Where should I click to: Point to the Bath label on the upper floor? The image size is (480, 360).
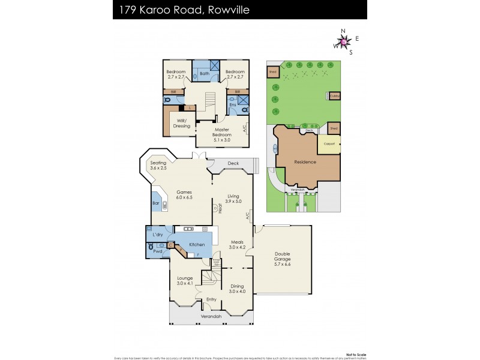tap(204, 73)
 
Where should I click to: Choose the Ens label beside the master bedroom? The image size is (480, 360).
tap(233, 105)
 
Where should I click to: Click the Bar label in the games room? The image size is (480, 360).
tap(156, 203)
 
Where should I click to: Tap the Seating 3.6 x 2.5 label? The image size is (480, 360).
tap(158, 166)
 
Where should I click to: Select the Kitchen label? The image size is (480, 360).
tap(197, 245)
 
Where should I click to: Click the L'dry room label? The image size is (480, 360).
tap(158, 234)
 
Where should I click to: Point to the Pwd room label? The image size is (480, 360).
tap(157, 252)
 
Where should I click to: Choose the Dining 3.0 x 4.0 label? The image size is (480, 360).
tap(238, 289)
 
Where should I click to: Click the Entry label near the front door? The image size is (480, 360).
tap(211, 299)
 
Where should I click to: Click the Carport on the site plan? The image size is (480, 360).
tap(329, 144)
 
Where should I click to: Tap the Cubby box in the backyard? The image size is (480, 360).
tap(334, 95)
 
